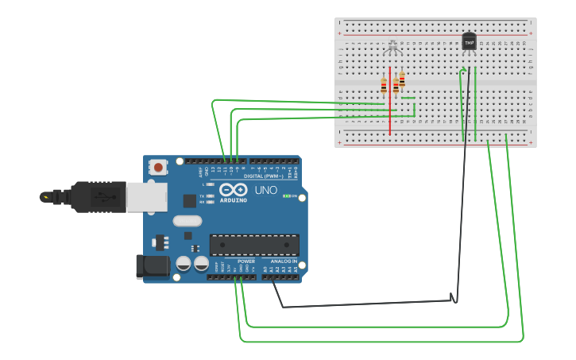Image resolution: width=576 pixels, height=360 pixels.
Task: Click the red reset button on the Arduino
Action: (159, 167)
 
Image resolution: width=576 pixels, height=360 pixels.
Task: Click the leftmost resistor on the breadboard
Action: (384, 87)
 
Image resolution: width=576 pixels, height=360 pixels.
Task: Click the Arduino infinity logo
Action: (234, 191)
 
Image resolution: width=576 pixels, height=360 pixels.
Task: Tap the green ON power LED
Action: (286, 195)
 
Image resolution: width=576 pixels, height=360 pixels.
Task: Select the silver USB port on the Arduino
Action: (147, 196)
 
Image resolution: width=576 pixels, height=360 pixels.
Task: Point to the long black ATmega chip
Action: (254, 246)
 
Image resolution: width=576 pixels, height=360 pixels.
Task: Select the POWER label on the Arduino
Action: (246, 261)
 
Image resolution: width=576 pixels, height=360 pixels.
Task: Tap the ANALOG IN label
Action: (284, 261)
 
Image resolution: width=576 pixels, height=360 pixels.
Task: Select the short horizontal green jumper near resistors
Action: (408, 99)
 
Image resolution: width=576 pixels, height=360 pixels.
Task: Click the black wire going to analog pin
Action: (365, 304)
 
